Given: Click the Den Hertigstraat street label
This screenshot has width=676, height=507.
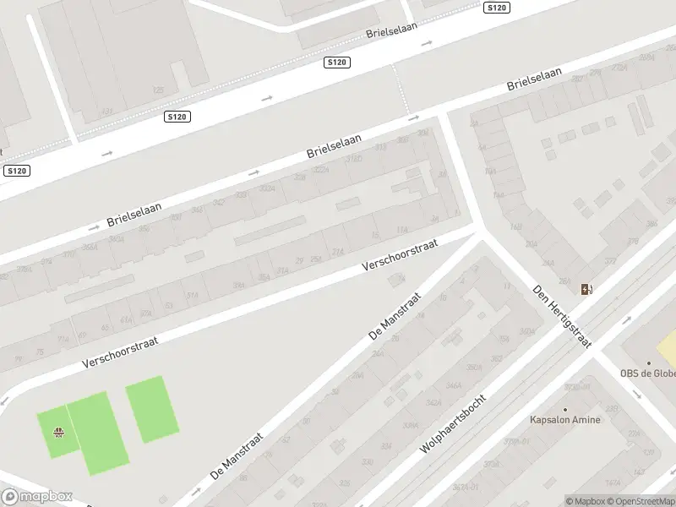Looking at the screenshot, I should click(x=563, y=316).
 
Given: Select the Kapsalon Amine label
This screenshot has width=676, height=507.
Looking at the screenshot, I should click(x=564, y=420).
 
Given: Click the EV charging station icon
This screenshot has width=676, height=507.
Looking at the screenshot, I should click(x=586, y=290).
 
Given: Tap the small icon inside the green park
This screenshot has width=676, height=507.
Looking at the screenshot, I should click(x=58, y=433).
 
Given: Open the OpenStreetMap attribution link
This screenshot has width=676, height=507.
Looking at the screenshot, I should click(x=640, y=501).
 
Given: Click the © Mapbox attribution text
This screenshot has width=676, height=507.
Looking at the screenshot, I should click(x=584, y=501).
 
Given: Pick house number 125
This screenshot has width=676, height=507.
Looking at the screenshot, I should click(x=157, y=90).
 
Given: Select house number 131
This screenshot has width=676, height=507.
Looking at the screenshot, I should click(x=106, y=111).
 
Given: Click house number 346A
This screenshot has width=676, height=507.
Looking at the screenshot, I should click(x=454, y=385).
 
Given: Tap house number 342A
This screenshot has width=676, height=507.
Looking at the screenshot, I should click(x=434, y=404).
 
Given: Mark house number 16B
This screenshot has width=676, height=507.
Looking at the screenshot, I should click(x=515, y=227).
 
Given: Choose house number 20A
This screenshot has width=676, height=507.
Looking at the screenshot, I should click(x=531, y=244).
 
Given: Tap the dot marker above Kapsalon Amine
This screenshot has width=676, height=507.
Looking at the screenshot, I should click(x=564, y=409).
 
